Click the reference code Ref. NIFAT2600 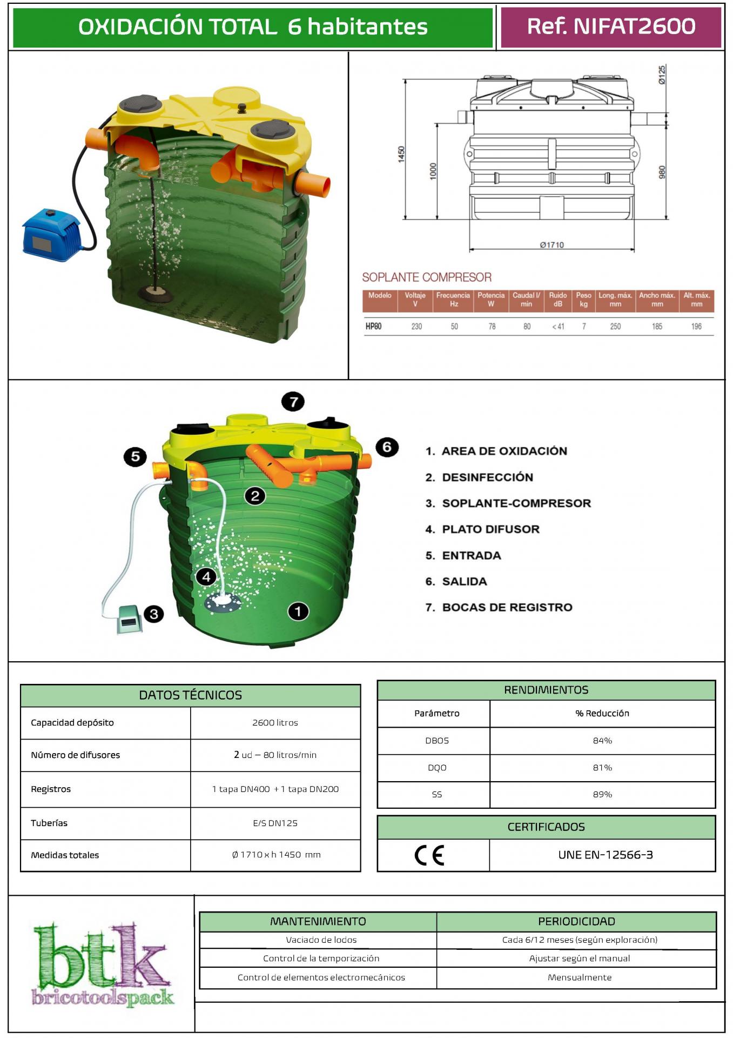pos(611,26)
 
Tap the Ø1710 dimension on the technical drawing pos(552,245)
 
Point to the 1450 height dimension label pos(401,154)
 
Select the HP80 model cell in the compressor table pos(374,327)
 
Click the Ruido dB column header pos(557,300)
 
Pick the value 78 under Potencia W pos(492,327)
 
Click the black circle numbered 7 pos(293,402)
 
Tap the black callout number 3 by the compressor pos(154,614)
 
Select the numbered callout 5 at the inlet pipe pos(135,457)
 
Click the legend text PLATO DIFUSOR pos(490,529)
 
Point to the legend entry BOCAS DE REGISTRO pos(507,607)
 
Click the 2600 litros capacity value pos(275,723)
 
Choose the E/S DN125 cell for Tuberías pos(275,823)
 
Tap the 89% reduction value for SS pos(602,795)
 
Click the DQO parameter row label pos(437,768)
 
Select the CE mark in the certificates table pos(430,855)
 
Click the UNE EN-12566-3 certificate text pos(606,855)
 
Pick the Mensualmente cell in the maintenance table pos(579,977)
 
